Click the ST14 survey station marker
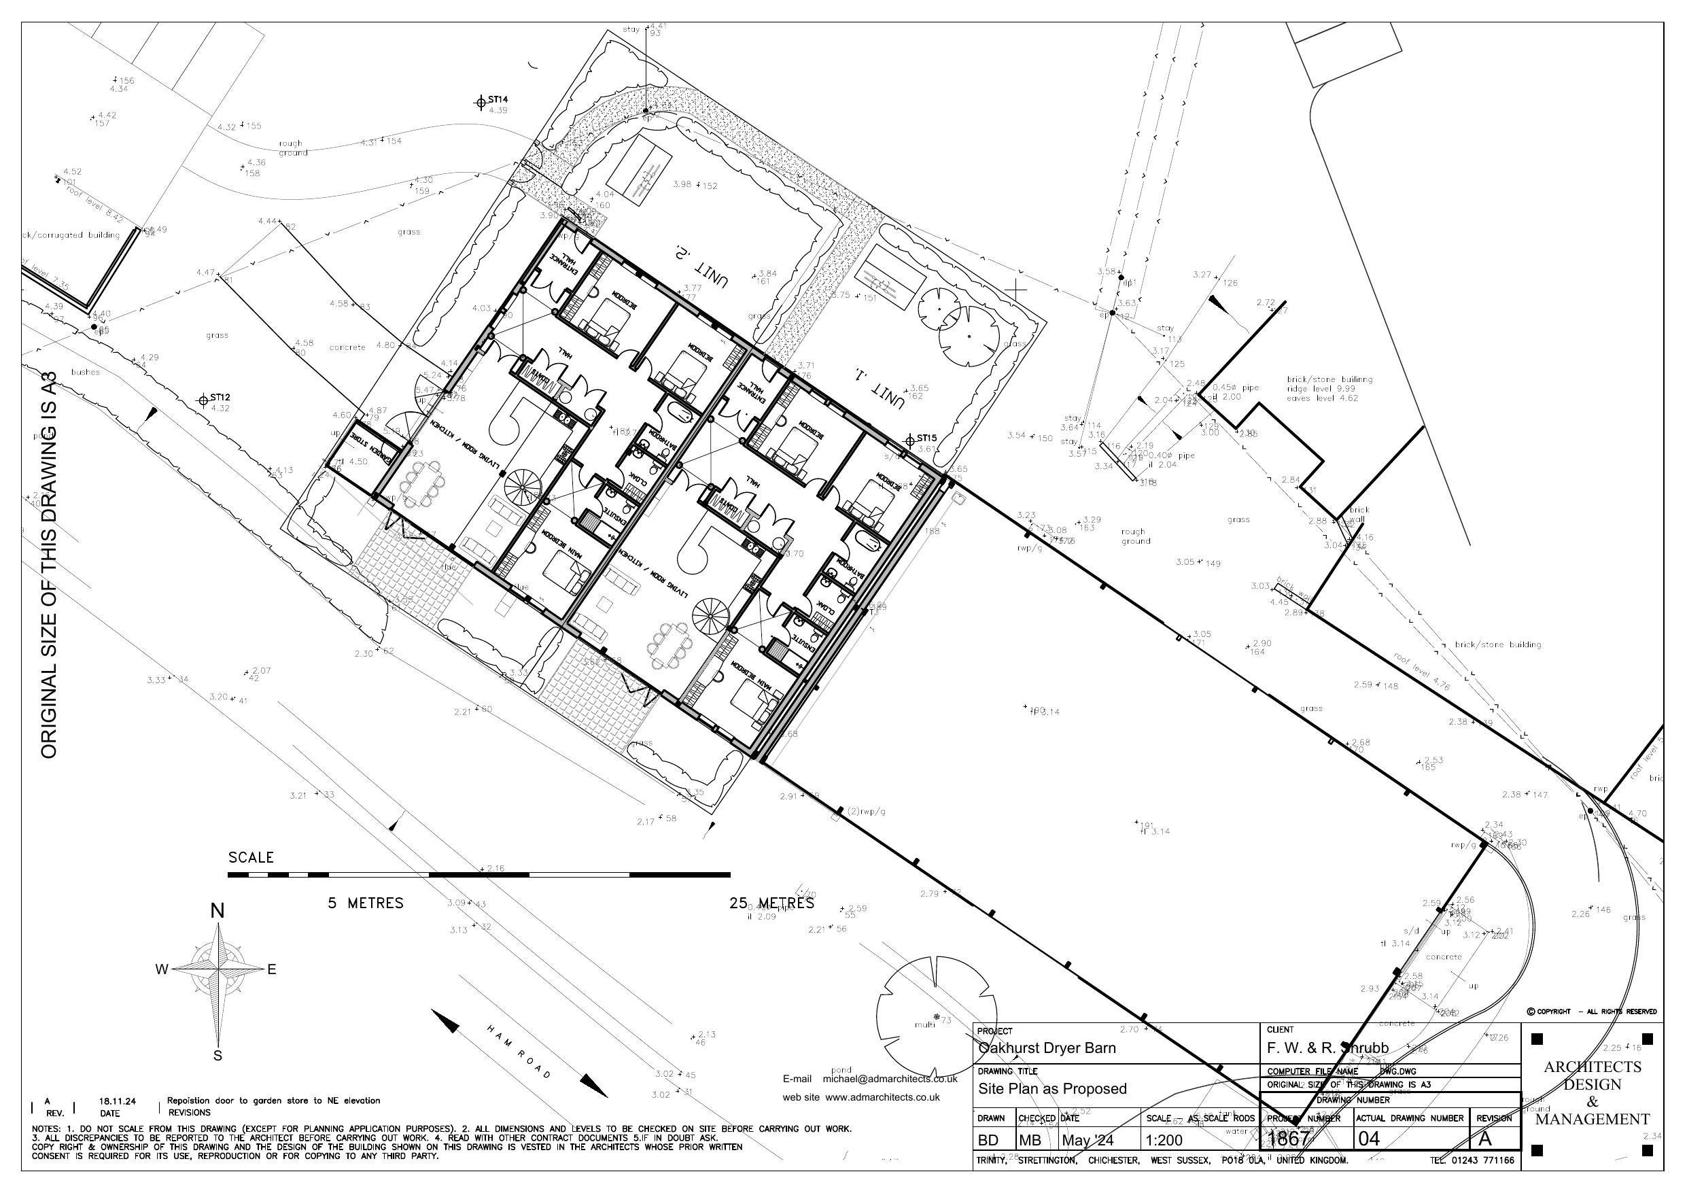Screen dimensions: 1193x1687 coord(480,101)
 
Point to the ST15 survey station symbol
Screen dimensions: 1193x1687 coord(909,440)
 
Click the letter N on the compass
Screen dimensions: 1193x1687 coord(218,911)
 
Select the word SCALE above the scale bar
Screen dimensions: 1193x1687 coord(251,857)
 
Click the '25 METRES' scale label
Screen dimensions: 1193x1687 coord(771,903)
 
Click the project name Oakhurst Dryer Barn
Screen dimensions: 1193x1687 coord(1047,1048)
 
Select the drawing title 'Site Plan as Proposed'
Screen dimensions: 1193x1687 coord(1052,1088)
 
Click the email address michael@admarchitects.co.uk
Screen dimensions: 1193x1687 coord(890,1079)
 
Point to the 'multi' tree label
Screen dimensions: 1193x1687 coord(924,1024)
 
